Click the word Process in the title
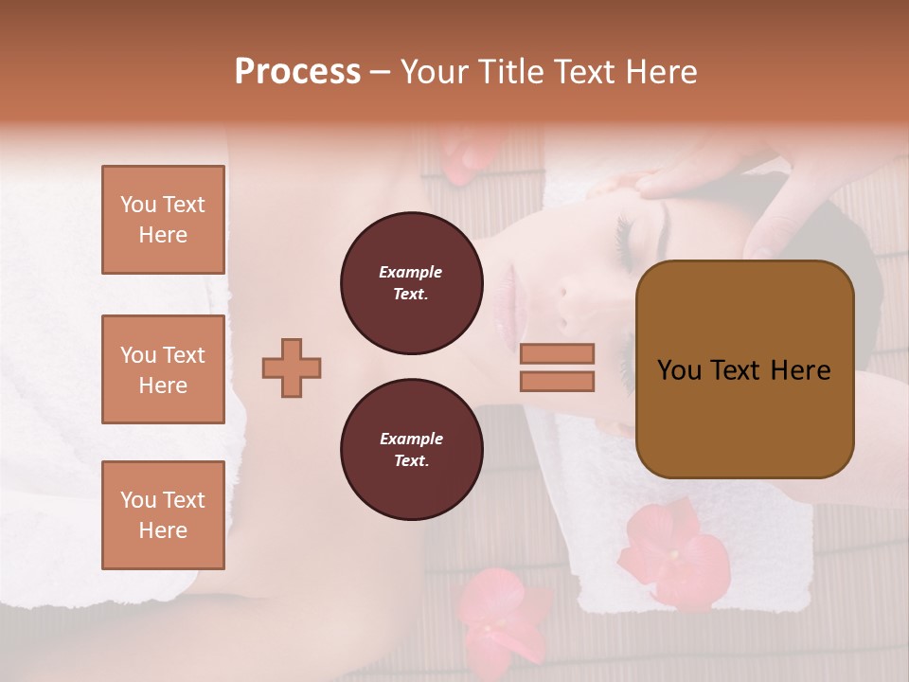(297, 72)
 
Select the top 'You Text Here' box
(163, 220)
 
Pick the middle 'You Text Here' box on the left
(163, 369)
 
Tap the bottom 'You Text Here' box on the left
(163, 514)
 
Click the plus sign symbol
(292, 368)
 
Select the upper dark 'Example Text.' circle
(411, 283)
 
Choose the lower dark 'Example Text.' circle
(411, 450)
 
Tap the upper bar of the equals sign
(557, 353)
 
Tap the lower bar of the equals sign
(557, 381)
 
